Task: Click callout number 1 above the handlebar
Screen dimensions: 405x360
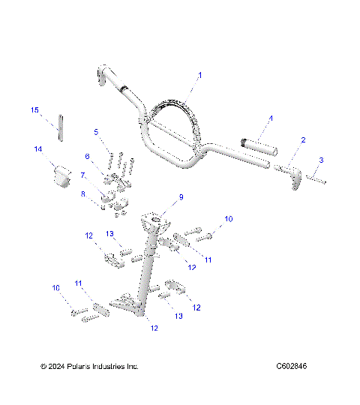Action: pyautogui.click(x=200, y=76)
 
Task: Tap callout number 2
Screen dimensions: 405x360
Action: pyautogui.click(x=303, y=139)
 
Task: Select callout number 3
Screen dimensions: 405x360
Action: pyautogui.click(x=321, y=160)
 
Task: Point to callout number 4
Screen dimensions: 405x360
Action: pyautogui.click(x=271, y=118)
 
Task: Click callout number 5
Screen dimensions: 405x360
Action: pyautogui.click(x=96, y=131)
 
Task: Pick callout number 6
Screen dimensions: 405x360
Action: pyautogui.click(x=87, y=156)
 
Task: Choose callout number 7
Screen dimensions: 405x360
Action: pyautogui.click(x=83, y=175)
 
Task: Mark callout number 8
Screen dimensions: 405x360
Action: pyautogui.click(x=83, y=193)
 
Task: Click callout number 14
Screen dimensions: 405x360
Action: pyautogui.click(x=37, y=149)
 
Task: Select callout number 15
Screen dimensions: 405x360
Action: pyautogui.click(x=34, y=110)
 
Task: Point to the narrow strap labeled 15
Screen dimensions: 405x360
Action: pyautogui.click(x=61, y=125)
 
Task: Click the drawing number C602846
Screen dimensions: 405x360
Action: pyautogui.click(x=291, y=367)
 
